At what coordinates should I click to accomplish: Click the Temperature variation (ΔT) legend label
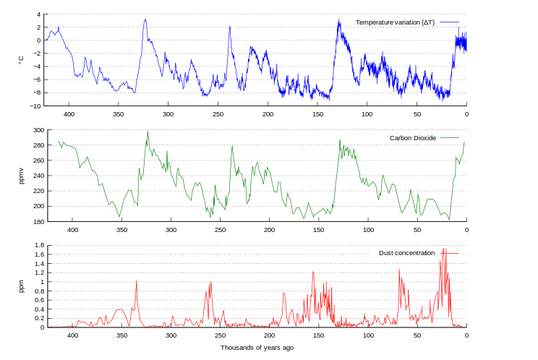(395, 22)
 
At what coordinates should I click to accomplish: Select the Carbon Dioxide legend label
(413, 138)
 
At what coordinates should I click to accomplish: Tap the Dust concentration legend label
(406, 253)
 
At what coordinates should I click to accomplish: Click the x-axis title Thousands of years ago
(257, 348)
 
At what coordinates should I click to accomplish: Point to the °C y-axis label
(21, 60)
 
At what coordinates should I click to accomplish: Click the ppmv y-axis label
(21, 176)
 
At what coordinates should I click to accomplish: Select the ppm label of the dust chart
(21, 286)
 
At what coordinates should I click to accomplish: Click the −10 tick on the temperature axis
(35, 106)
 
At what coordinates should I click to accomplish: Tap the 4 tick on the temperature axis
(38, 14)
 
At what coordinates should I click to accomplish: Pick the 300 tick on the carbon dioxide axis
(38, 130)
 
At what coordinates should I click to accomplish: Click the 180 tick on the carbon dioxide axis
(38, 221)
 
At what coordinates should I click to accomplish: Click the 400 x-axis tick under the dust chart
(72, 335)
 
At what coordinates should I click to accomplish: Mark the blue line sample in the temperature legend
(450, 22)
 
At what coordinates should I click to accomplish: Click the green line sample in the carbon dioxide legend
(450, 138)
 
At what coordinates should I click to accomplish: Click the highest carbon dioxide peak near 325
(148, 131)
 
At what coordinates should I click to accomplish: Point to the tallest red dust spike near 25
(444, 249)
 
